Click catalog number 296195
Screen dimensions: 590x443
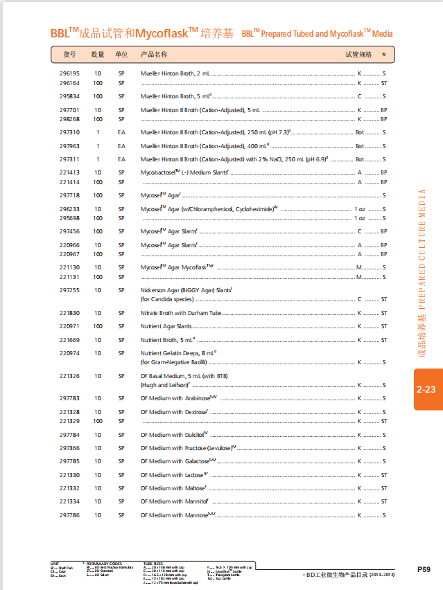tap(69, 73)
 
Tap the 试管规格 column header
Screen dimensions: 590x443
tap(358, 54)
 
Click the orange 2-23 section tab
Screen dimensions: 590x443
tap(426, 389)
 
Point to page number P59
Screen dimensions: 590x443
tap(424, 569)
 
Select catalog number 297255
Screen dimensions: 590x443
tap(69, 290)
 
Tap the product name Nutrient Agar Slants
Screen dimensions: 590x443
tap(167, 326)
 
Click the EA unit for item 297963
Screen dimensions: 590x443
tap(121, 146)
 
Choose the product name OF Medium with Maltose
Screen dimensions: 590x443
tap(173, 488)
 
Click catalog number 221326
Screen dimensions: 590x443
tap(69, 376)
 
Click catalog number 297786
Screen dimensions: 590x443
tap(69, 515)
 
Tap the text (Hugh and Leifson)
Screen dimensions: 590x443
tap(164, 385)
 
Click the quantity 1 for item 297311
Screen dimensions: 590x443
tap(98, 159)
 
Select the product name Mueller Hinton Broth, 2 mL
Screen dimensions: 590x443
tap(175, 73)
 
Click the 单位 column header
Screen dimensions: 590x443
tap(121, 54)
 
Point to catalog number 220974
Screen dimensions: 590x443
tap(69, 353)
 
